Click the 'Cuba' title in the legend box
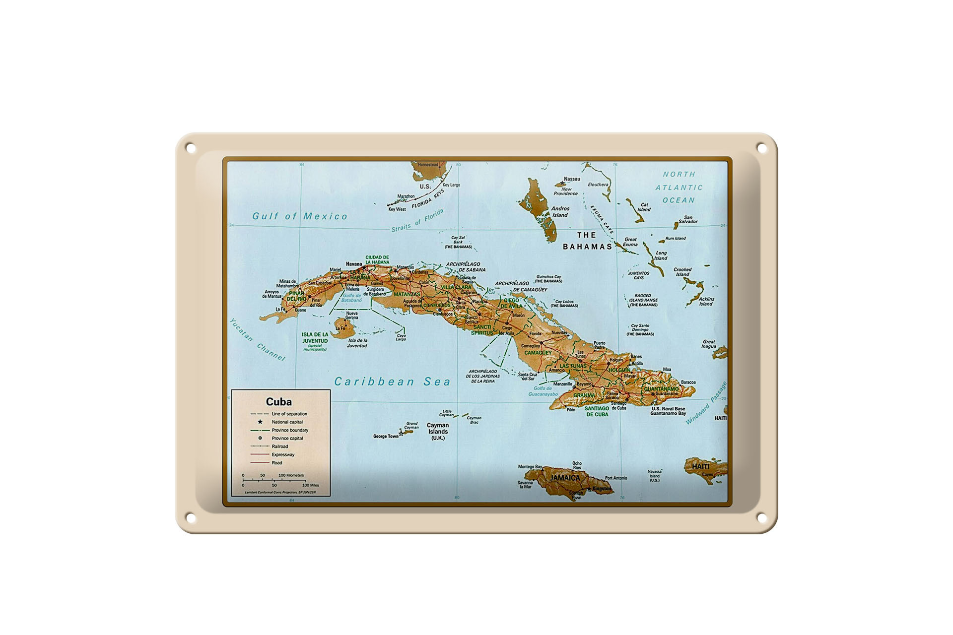pos(278,402)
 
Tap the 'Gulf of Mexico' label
pos(300,216)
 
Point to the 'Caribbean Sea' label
pos(392,381)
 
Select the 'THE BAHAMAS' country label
pos(587,241)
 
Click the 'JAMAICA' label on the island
pos(565,478)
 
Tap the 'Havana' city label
pos(354,264)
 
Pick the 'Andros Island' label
pos(560,212)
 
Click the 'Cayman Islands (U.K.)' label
pos(438,432)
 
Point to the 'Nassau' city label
pos(572,179)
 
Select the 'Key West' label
pos(397,209)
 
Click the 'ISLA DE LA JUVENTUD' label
pos(315,338)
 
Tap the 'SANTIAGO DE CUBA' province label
pos(597,411)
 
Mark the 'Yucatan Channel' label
pos(257,340)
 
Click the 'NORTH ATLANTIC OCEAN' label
pos(679,188)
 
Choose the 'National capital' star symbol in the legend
pos(260,422)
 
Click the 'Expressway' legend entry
pos(283,454)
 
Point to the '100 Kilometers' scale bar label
pos(291,475)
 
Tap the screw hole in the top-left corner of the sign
pos(191,148)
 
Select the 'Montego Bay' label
pos(530,467)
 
